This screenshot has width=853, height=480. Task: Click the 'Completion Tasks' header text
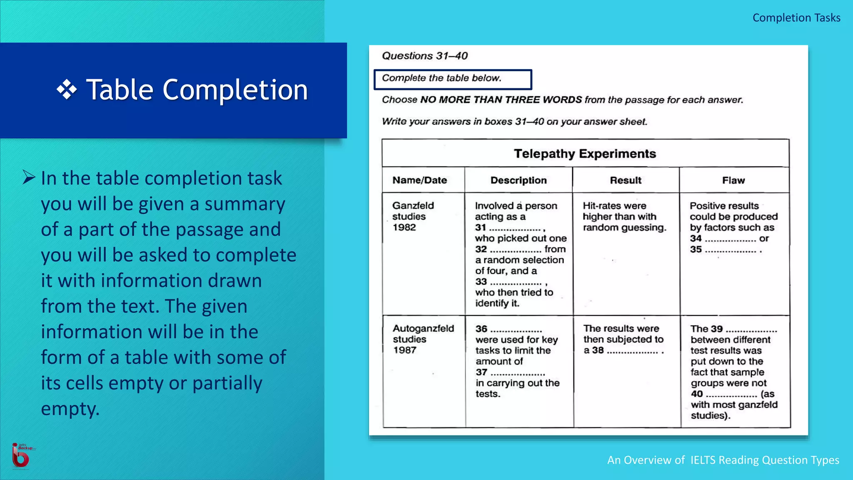point(796,18)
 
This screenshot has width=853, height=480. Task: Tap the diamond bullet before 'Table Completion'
point(67,90)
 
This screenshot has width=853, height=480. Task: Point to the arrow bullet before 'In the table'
point(29,177)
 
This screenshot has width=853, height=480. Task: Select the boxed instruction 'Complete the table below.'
point(452,79)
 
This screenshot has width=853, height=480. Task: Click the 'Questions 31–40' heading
point(424,56)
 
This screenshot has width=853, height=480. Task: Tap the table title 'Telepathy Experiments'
point(585,154)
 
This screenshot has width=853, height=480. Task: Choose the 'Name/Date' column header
point(419,180)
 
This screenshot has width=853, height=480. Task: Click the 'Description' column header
point(518,180)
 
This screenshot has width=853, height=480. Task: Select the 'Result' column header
point(626,180)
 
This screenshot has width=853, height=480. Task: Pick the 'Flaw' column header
point(733,180)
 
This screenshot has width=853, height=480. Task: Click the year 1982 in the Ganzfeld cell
point(404,227)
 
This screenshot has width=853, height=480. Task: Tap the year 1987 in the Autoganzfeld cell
point(404,350)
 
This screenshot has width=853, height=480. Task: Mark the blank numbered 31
point(515,228)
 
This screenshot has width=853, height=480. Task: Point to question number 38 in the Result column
point(598,350)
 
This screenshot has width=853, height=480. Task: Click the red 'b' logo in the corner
point(20,456)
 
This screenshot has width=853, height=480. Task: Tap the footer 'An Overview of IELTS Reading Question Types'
point(723,460)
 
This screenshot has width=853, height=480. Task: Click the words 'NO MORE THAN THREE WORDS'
point(501,100)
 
